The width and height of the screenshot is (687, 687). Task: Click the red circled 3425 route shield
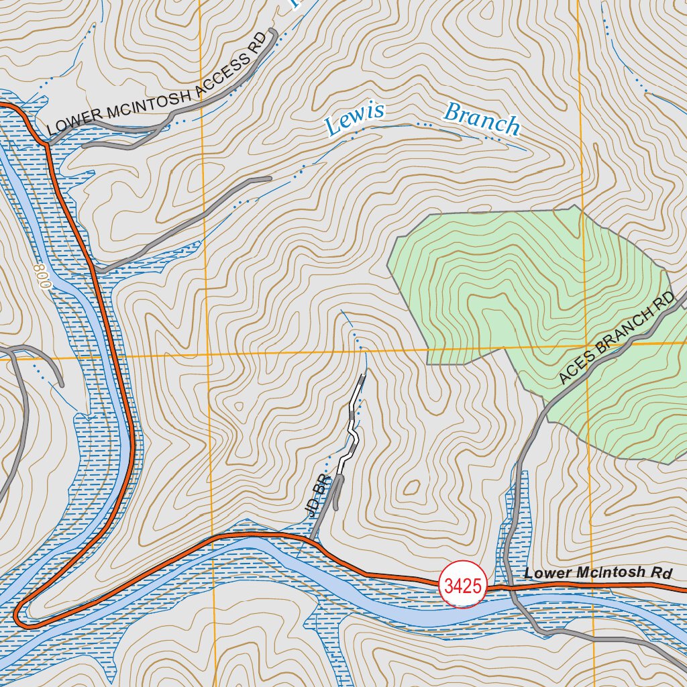click(x=463, y=586)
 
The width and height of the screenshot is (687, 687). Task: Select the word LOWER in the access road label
click(x=70, y=123)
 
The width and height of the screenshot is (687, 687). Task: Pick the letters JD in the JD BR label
click(x=311, y=507)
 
